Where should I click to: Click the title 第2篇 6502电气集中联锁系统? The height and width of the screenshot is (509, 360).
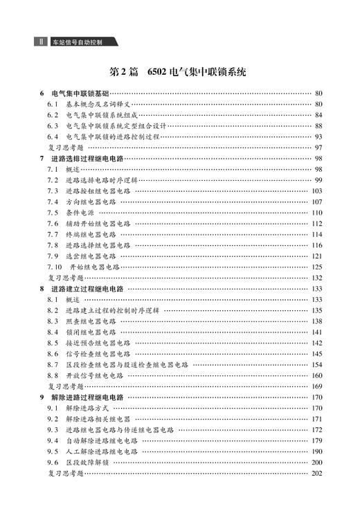tap(179, 72)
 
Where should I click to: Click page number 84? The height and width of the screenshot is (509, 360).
tap(318, 115)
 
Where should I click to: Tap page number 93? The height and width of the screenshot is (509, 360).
tap(318, 136)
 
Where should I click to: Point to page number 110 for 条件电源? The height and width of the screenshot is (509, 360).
tap(317, 213)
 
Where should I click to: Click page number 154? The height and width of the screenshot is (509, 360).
tap(317, 365)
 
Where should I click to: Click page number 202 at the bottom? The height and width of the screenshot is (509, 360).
tap(317, 474)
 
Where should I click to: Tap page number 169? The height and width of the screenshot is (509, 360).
tap(317, 386)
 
